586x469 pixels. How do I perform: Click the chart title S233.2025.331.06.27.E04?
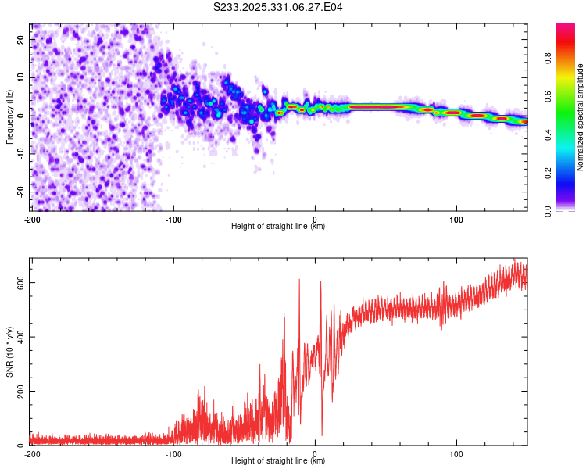coord(278,7)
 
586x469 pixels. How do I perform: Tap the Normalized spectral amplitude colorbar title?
coord(581,116)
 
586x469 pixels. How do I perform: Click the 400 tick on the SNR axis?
coord(20,337)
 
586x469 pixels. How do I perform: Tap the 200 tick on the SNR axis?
coord(20,391)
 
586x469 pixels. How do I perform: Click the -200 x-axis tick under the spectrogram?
coord(32,218)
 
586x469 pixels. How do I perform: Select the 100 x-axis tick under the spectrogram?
coord(456,218)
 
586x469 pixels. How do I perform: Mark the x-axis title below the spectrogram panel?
coord(278,226)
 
